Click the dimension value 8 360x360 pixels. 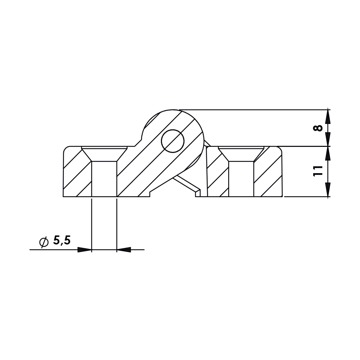pyautogui.click(x=317, y=128)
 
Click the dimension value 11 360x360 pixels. pyautogui.click(x=317, y=171)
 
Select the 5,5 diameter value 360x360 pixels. pyautogui.click(x=62, y=241)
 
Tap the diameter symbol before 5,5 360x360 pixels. pyautogui.click(x=44, y=242)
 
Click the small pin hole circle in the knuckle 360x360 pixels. pyautogui.click(x=173, y=140)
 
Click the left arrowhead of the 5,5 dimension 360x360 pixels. pyautogui.click(x=85, y=249)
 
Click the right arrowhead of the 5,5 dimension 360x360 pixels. pyautogui.click(x=123, y=249)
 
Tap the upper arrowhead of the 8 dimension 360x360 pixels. pyautogui.click(x=328, y=116)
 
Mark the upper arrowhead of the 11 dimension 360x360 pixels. pyautogui.click(x=328, y=153)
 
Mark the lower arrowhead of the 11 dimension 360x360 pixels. pyautogui.click(x=328, y=190)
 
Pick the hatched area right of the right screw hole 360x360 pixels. pyautogui.click(x=268, y=173)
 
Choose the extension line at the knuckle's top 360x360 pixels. pyautogui.click(x=252, y=109)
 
